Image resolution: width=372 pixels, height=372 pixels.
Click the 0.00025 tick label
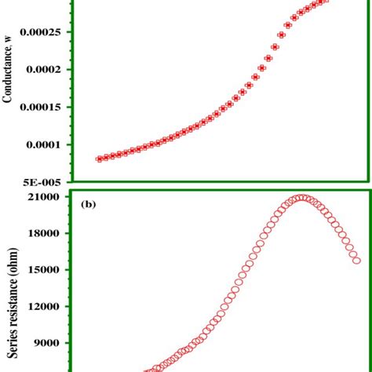click(x=46, y=32)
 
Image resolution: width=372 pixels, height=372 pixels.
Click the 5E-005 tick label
click(x=48, y=180)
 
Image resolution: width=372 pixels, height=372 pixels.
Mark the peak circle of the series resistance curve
click(x=302, y=198)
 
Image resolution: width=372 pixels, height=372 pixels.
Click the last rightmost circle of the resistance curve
click(x=357, y=260)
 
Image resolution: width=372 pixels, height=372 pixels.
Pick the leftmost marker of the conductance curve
click(x=99, y=159)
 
